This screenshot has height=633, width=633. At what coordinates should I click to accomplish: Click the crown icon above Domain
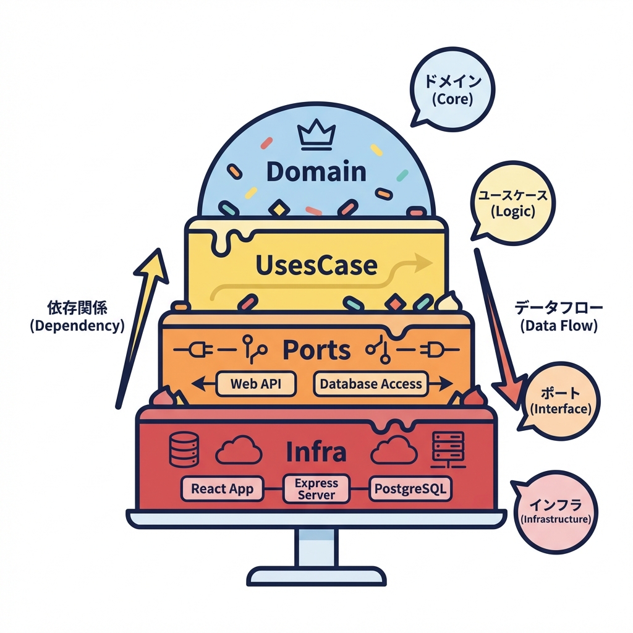coord(316,136)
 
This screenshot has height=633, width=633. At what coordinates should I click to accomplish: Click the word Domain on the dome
coord(316,171)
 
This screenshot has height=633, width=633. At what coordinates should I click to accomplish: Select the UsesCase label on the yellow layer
coord(316,265)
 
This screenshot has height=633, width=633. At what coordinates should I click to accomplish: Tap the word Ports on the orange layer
coord(316,350)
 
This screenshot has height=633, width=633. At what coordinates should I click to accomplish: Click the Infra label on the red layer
coord(316,452)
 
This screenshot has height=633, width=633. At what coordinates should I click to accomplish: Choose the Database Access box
coord(371,383)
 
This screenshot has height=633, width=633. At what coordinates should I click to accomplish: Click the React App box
coord(222,488)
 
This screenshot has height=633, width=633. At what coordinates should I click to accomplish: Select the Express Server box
coord(316,488)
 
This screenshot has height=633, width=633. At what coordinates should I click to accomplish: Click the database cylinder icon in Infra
coord(184,450)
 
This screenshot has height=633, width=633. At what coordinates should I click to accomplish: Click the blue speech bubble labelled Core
coord(453,90)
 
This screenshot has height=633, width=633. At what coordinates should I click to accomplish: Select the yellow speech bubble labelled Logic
coord(512,204)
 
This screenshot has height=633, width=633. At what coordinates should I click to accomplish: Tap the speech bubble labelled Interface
coord(559,400)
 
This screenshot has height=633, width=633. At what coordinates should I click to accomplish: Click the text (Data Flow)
coord(559,326)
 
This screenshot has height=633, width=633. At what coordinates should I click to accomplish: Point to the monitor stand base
coord(316,576)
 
